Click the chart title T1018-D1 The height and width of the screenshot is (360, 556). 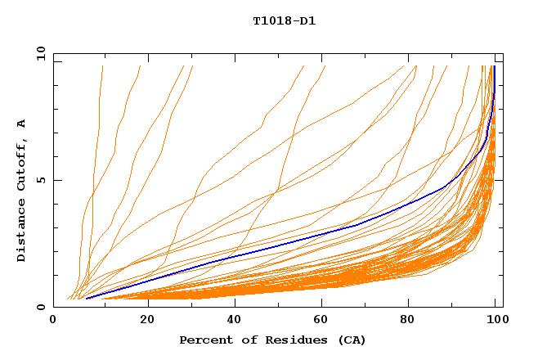click(x=284, y=21)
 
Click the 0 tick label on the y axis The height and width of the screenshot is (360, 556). click(x=40, y=308)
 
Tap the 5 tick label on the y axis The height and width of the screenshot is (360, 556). click(x=40, y=181)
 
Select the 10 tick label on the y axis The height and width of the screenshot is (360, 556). click(x=40, y=54)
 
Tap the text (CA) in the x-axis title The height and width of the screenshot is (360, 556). click(x=353, y=340)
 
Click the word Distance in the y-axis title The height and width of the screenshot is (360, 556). click(x=22, y=230)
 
